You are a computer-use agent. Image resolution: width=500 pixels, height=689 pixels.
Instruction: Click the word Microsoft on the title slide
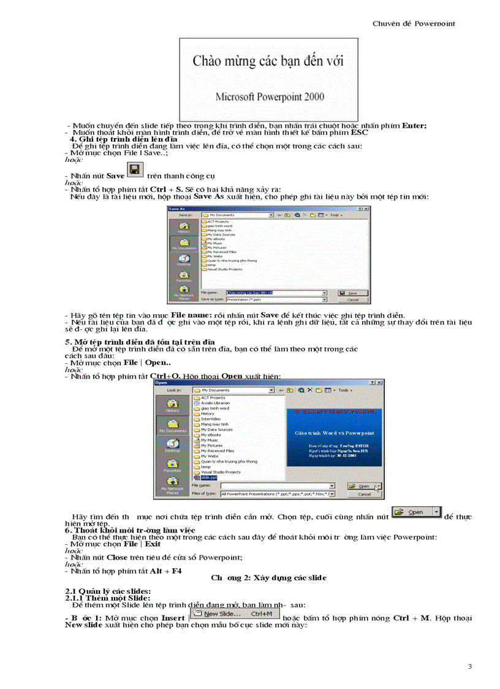click(x=237, y=96)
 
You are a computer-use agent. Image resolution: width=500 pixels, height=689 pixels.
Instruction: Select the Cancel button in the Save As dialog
click(x=352, y=300)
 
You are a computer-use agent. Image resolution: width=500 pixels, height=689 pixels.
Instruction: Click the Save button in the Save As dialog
click(x=352, y=293)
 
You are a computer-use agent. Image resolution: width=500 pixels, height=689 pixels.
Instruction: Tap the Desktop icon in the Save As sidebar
click(x=184, y=261)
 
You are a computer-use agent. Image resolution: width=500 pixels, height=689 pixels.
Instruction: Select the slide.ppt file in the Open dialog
click(x=203, y=476)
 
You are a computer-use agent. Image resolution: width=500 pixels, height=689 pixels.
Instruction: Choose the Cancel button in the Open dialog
click(x=364, y=493)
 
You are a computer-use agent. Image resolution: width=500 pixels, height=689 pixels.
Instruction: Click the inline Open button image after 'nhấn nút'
click(x=416, y=512)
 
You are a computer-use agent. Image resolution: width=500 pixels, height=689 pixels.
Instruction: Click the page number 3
click(x=469, y=666)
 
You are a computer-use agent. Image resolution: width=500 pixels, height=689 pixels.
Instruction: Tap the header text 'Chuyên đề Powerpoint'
click(x=414, y=23)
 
